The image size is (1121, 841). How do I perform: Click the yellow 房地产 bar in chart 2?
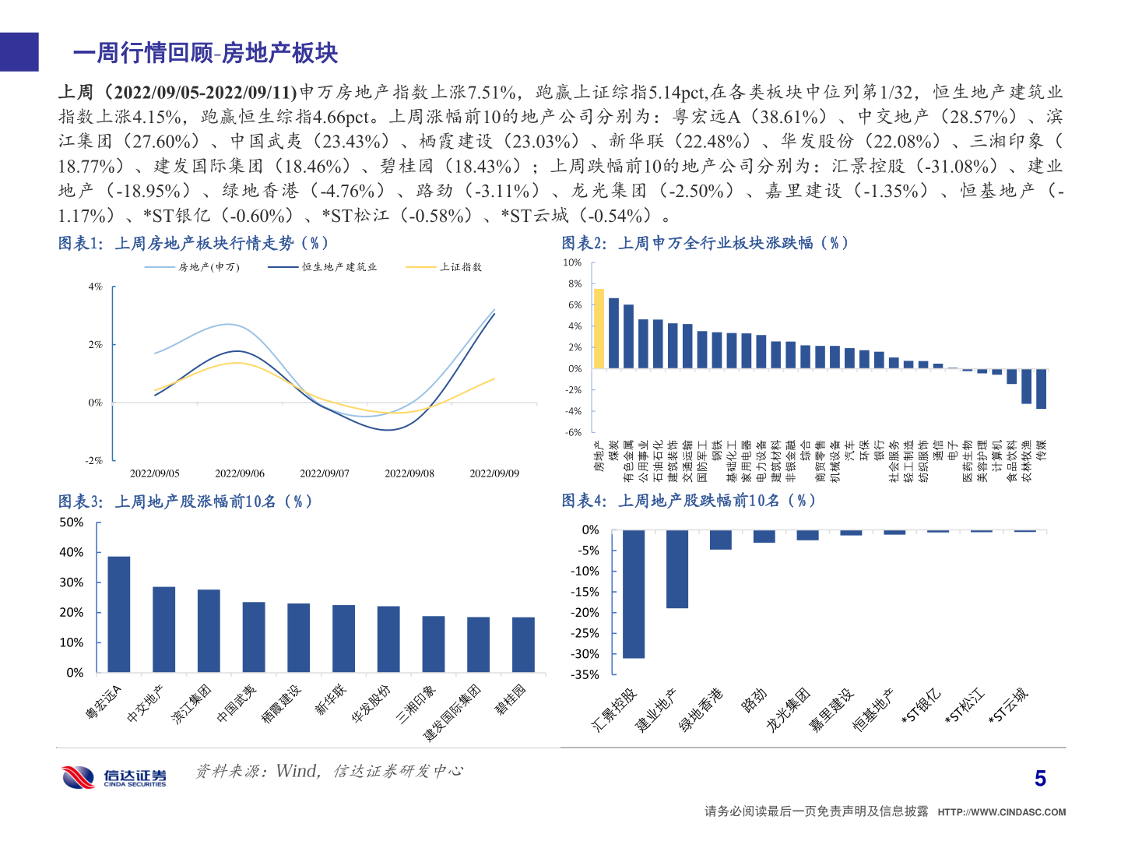point(599,329)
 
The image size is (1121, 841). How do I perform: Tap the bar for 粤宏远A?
point(119,614)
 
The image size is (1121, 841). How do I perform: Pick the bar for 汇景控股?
point(634,593)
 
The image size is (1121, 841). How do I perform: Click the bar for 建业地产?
point(677,568)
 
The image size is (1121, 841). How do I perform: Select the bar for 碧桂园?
point(523,644)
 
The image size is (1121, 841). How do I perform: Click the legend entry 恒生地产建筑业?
point(339,267)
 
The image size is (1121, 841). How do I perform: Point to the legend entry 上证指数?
point(460,267)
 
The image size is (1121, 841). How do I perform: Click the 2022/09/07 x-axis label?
point(325,473)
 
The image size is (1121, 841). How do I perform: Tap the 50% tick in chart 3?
point(72,523)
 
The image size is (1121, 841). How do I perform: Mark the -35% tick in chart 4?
point(585,675)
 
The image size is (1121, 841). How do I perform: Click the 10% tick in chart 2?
point(572,263)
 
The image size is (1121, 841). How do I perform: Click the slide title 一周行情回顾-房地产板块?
point(206,53)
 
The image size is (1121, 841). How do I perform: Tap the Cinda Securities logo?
point(114,776)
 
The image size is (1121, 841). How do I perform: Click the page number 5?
point(1040,778)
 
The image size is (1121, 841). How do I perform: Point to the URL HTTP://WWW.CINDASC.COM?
point(1001,812)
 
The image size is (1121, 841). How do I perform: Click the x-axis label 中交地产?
point(145,704)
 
